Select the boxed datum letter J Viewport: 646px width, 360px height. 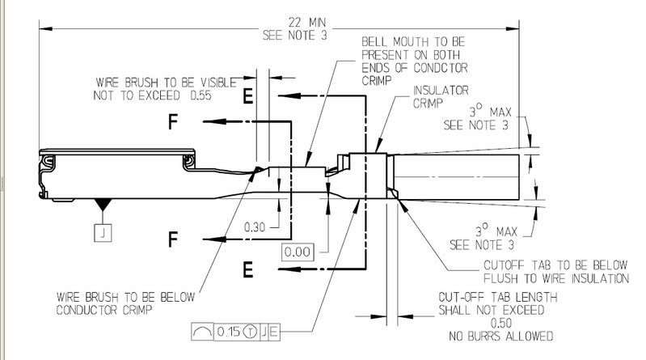(104, 232)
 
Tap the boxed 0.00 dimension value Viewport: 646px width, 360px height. (298, 252)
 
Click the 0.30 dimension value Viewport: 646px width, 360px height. (255, 227)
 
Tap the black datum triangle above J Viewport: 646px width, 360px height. (104, 207)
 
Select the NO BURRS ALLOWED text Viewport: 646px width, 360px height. (496, 336)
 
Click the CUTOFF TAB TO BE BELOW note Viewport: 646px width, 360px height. (555, 265)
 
